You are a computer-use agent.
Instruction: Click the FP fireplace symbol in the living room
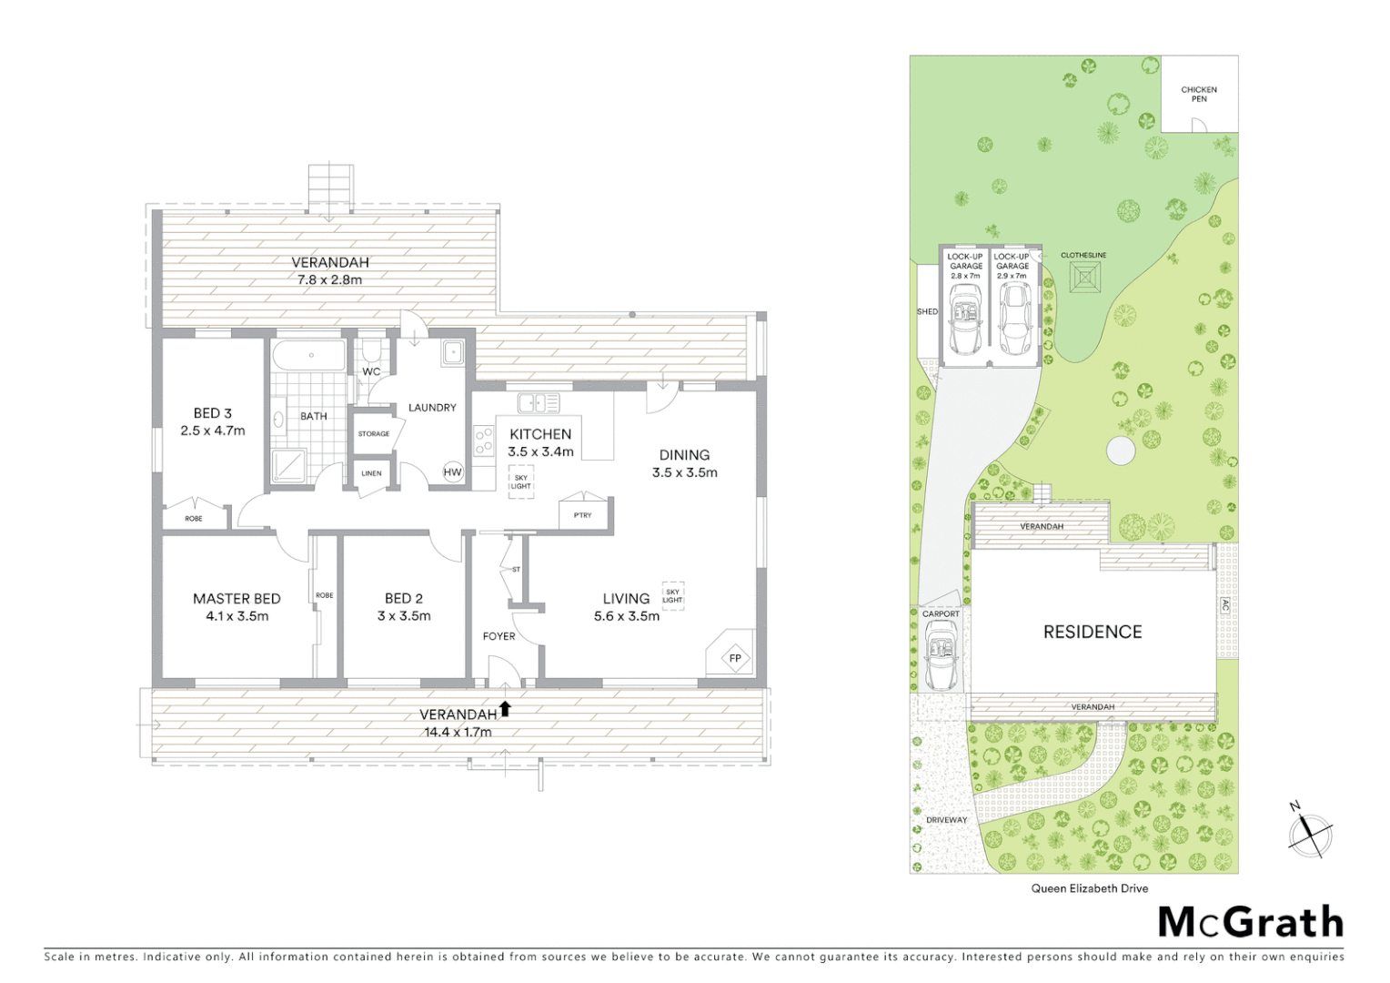point(733,657)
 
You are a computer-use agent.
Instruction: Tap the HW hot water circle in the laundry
point(452,471)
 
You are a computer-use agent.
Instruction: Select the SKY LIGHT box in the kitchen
point(520,481)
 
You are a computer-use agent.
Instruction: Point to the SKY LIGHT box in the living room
point(672,596)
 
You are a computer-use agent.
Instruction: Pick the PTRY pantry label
point(582,515)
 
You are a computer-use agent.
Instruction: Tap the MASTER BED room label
point(237,598)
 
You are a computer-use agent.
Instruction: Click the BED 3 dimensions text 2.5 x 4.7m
point(213,431)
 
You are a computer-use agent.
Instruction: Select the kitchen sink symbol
point(539,402)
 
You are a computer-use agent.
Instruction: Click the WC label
point(371,371)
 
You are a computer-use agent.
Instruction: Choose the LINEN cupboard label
point(371,473)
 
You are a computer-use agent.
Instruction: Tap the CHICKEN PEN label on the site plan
point(1199,94)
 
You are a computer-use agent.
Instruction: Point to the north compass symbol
point(1309,829)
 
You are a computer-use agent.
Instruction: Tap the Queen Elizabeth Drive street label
point(1089,888)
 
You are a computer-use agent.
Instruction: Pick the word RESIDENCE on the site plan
point(1092,632)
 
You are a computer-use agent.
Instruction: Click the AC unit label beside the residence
point(1224,605)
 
